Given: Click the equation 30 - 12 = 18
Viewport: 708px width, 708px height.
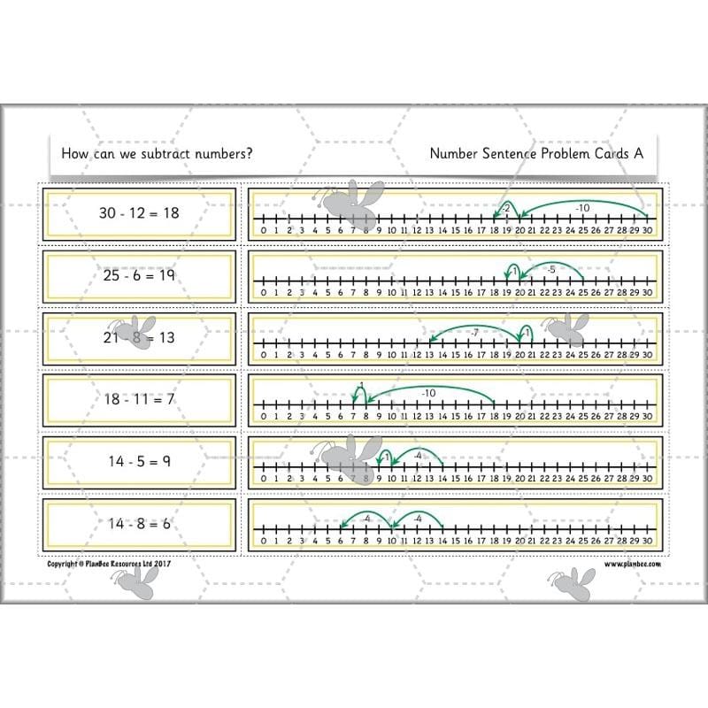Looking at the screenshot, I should [x=140, y=213].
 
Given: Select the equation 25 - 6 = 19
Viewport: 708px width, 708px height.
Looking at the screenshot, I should [x=140, y=275].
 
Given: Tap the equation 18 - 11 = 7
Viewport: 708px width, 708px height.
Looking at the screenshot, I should [x=140, y=399].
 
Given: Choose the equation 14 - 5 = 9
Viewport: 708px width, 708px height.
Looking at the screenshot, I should [x=140, y=461].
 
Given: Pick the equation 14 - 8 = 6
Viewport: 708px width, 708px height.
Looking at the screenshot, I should [x=140, y=523].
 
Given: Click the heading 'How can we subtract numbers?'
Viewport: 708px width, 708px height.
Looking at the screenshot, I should [x=157, y=153].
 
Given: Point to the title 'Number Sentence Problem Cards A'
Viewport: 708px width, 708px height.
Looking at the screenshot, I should [x=535, y=153].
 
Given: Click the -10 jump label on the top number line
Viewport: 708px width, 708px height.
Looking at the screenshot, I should [x=581, y=208].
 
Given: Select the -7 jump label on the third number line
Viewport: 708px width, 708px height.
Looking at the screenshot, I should [x=474, y=332].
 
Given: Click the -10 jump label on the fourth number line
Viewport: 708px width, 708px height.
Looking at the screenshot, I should [x=429, y=393].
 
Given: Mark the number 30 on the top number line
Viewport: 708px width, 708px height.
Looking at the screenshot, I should [x=647, y=231].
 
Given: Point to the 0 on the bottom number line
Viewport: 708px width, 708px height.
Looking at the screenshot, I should [x=264, y=541].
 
